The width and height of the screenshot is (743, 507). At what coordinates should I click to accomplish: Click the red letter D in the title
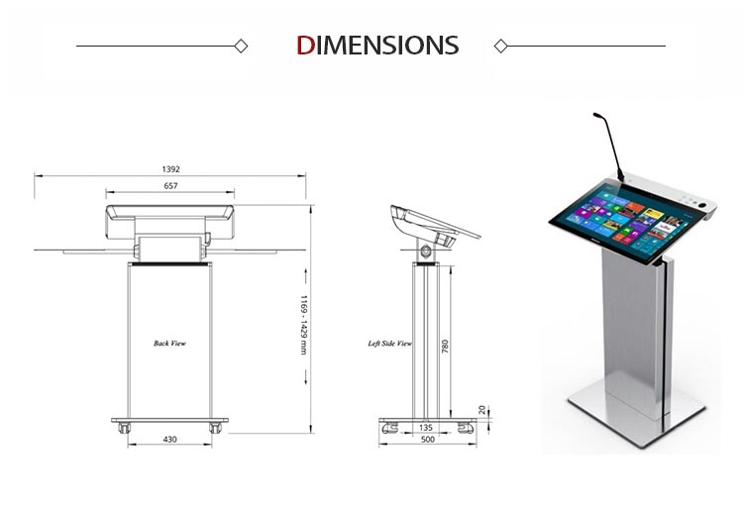pos(305,46)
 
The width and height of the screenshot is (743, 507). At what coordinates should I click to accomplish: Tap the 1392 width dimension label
pos(171,169)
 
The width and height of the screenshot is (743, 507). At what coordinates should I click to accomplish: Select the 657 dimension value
pos(170,186)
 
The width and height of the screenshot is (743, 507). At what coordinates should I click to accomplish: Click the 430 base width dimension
pos(169,440)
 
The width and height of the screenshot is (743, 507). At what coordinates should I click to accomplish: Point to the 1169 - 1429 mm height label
pos(304,325)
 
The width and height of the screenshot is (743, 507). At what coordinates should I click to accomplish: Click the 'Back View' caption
pos(169,343)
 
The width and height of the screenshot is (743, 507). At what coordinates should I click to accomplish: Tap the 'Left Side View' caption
pos(390,343)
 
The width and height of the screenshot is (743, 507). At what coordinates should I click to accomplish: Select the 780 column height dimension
pos(445,347)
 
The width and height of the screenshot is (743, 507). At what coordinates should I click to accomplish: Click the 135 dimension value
pos(426,428)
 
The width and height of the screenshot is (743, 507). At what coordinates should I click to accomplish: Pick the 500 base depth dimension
pos(427,440)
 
